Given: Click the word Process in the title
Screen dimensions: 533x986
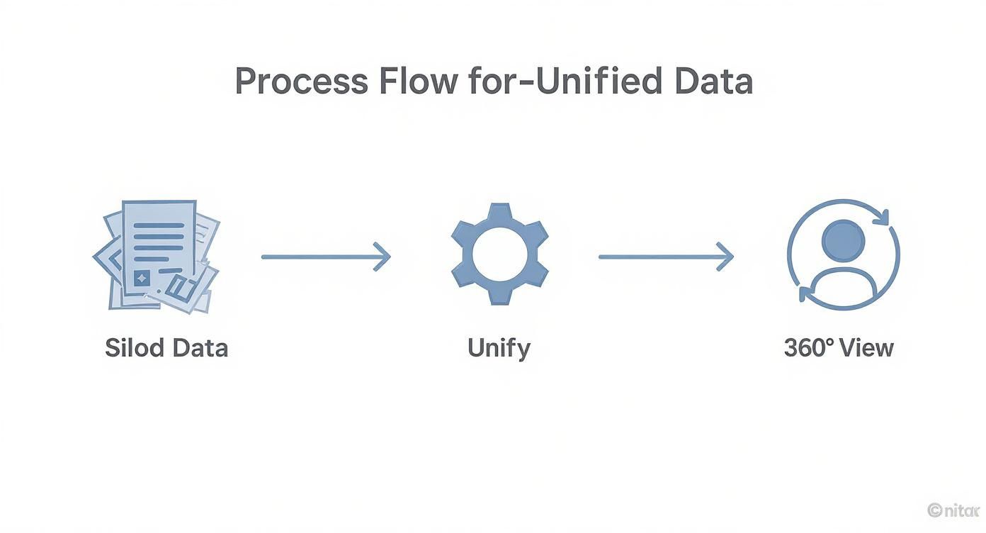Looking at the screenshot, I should tap(301, 82).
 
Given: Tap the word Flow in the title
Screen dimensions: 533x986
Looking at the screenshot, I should tap(419, 82).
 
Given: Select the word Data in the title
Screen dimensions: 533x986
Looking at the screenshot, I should tap(713, 82).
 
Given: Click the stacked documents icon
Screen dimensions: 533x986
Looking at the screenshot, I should tap(157, 256).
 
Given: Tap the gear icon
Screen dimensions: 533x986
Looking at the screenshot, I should tap(499, 253).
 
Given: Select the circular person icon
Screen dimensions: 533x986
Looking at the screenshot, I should tap(843, 254).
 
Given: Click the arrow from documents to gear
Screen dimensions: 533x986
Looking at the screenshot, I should tap(325, 256).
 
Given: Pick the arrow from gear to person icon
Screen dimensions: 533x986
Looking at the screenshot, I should tap(665, 256).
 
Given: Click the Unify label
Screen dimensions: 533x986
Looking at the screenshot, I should tap(499, 348).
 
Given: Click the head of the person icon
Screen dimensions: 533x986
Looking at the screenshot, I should tap(843, 240).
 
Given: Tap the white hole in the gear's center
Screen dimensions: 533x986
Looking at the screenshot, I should tap(499, 253).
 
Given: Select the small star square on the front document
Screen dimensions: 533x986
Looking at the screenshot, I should tap(142, 279).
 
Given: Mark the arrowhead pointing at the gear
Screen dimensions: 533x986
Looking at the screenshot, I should tap(383, 256).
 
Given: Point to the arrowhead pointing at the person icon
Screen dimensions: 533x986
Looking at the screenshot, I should tap(725, 256).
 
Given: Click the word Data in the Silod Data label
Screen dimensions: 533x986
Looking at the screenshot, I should tap(200, 348).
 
